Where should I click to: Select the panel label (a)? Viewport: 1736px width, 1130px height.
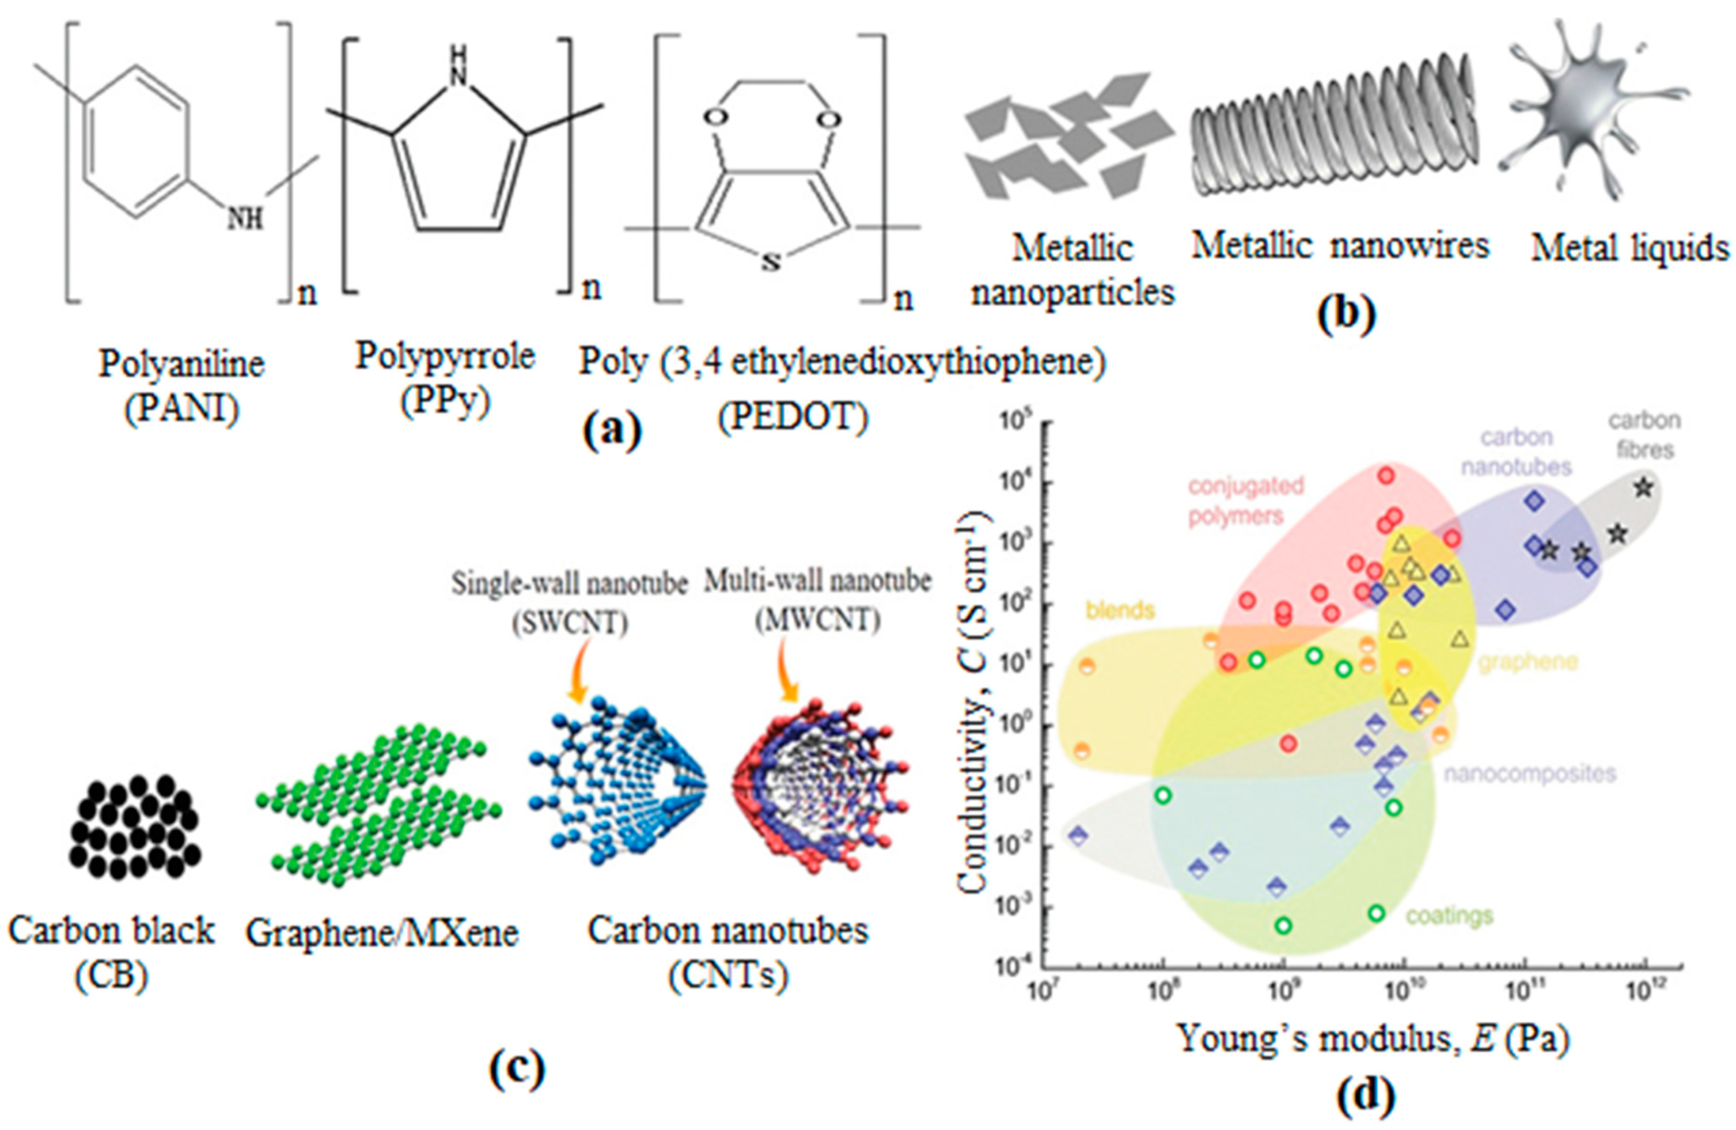[612, 430]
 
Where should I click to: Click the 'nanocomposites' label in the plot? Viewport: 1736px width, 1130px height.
[1530, 773]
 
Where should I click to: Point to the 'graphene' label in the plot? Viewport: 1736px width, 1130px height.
[1528, 662]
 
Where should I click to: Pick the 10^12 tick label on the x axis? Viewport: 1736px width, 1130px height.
[1643, 991]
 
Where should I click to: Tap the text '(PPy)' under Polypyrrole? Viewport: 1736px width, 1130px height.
[444, 401]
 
